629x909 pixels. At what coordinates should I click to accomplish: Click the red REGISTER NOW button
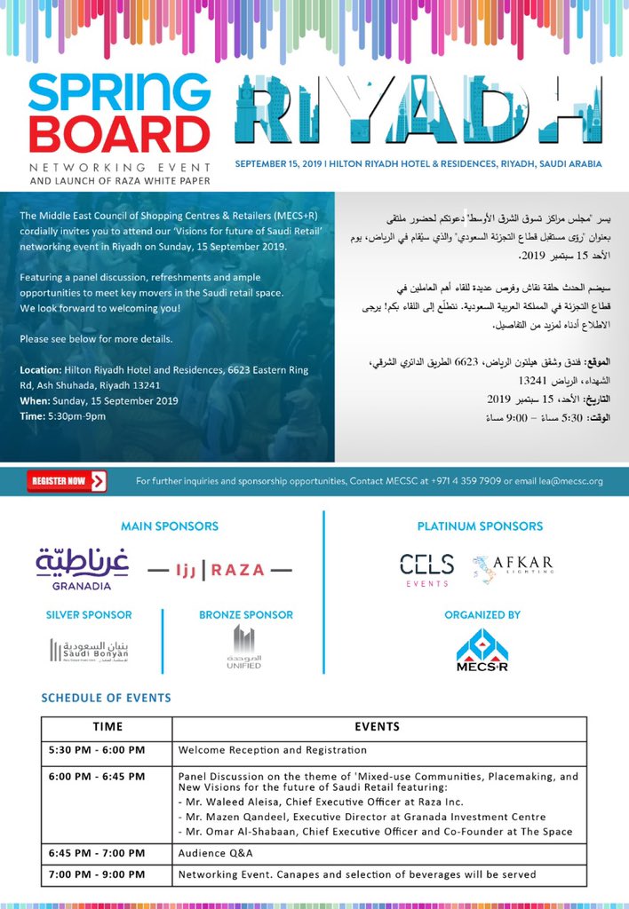pos(67,481)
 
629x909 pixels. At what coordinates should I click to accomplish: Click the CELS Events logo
pos(426,568)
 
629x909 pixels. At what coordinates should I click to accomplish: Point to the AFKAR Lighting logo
pos(513,568)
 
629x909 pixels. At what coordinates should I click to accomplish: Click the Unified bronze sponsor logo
pos(243,647)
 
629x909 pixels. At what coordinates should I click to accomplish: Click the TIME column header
pos(107,727)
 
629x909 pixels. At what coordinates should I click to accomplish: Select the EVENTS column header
pos(377,727)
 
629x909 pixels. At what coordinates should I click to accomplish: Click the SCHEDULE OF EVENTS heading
pos(106,698)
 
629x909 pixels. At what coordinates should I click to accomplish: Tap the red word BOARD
pos(119,134)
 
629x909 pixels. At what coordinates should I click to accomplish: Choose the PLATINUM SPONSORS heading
pos(480,526)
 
